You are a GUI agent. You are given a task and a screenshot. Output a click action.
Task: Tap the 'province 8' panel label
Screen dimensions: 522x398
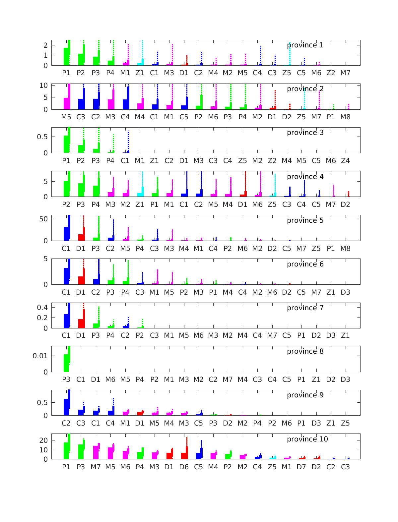[x=305, y=351]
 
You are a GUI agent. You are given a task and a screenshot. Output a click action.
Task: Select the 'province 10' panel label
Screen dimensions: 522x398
[x=307, y=439]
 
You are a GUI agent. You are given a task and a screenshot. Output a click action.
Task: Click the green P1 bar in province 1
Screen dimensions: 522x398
[x=66, y=56]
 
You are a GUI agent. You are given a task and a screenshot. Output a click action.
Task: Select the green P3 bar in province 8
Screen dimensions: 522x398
[x=66, y=363]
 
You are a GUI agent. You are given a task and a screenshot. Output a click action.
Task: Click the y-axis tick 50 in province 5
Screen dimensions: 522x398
[x=44, y=219]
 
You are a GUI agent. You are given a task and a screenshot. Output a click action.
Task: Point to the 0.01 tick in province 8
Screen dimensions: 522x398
[x=40, y=356]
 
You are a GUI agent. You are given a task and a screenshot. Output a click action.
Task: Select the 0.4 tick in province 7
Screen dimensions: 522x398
[x=42, y=307]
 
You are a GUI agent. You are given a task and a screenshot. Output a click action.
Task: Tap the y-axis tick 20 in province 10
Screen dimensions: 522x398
[x=44, y=440]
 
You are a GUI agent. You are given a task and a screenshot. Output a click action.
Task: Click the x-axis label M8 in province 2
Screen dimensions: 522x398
[x=345, y=117]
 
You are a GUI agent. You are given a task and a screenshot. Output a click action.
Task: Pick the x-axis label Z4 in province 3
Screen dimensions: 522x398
[x=345, y=161]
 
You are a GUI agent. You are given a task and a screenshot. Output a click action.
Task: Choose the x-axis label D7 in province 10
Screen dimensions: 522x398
[x=301, y=467]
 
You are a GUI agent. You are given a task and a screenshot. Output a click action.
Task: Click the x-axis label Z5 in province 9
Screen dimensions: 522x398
[x=345, y=423]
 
